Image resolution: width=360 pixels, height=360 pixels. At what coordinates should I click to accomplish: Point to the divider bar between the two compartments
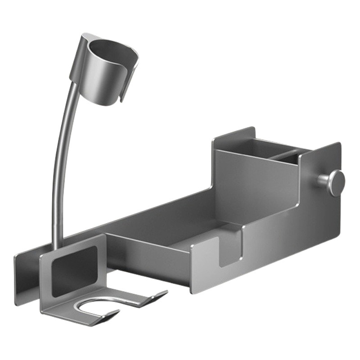273,153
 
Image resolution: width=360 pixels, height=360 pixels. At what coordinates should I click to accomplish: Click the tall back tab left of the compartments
234,135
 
